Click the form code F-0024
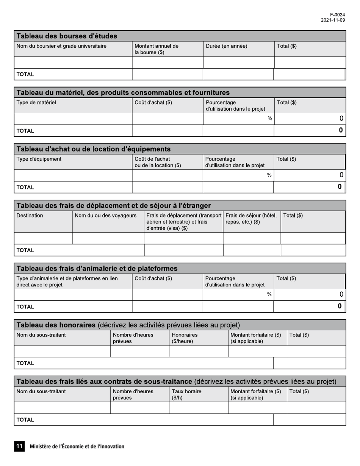(337, 15)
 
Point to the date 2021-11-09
(333, 20)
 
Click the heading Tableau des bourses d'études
(67, 36)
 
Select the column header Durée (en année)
(226, 46)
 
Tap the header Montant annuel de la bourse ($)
(156, 49)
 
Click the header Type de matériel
(36, 103)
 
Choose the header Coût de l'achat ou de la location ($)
(158, 162)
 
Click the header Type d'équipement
(39, 159)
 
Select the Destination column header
(30, 216)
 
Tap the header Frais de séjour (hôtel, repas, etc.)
(251, 219)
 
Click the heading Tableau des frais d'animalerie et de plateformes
(97, 269)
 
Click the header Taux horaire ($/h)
(186, 394)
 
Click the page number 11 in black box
(19, 446)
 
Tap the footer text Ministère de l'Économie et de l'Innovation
(77, 446)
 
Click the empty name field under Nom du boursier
(73, 62)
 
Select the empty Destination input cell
(43, 238)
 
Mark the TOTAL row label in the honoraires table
(25, 363)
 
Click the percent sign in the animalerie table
(269, 294)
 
